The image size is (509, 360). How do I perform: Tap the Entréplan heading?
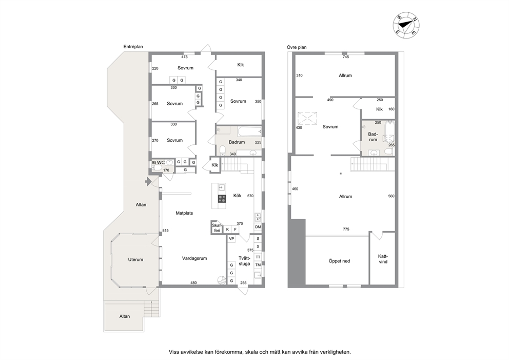point(133,47)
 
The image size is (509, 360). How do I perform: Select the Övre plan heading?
point(297,47)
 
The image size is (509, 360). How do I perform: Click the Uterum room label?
point(135,260)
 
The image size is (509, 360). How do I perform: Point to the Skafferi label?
point(217,228)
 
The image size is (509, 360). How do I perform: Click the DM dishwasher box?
point(258,227)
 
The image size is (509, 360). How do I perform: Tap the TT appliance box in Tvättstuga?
point(258,257)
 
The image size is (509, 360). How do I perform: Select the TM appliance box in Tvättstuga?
point(258,265)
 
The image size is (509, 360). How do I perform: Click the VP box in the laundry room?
point(231,239)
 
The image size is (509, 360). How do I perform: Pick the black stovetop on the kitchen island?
point(222,199)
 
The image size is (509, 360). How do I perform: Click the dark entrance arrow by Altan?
point(148,182)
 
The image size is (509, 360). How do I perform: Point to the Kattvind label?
point(383,259)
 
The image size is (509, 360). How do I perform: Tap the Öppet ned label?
point(339,261)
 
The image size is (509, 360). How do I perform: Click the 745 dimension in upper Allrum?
point(346,57)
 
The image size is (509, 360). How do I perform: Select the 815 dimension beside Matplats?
point(166,231)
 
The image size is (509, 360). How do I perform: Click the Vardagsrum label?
point(194,258)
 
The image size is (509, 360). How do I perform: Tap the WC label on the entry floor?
point(161,162)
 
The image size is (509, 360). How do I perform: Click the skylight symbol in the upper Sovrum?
point(307,118)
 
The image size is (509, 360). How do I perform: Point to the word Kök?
point(237,196)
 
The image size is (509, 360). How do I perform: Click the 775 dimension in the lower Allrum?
point(346,229)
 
